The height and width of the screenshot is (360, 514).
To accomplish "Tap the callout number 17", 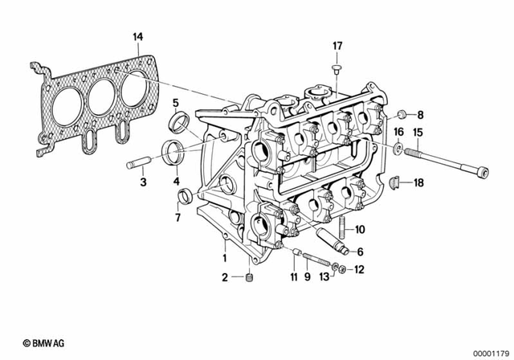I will (x=337, y=45).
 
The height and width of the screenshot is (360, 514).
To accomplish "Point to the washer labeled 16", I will (x=398, y=147).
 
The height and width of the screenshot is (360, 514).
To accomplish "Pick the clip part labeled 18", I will (x=396, y=184).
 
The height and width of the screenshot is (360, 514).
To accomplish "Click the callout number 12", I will (x=358, y=269).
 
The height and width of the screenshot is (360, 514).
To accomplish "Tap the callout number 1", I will (x=226, y=258).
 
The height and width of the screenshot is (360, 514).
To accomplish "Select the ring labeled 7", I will (x=184, y=195).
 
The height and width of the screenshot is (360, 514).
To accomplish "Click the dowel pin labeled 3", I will (x=136, y=166).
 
